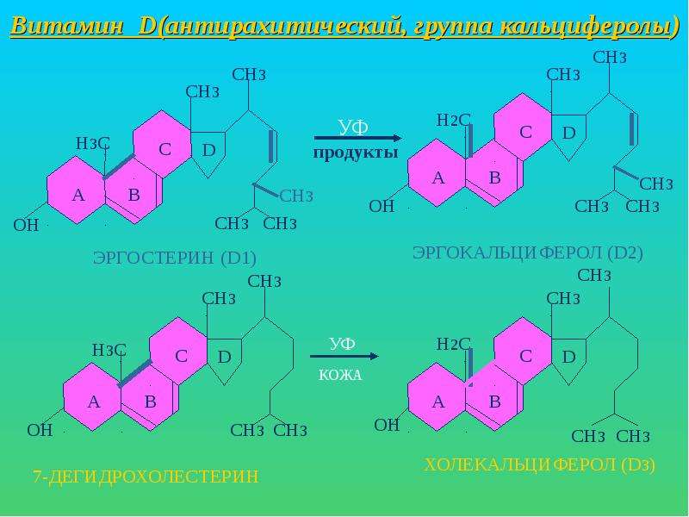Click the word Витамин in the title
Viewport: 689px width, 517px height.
coord(67,26)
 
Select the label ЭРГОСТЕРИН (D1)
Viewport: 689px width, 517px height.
coord(175,258)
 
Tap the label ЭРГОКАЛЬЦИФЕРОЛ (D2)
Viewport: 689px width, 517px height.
coord(528,252)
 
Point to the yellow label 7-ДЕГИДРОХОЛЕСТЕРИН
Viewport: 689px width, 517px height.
coord(146,477)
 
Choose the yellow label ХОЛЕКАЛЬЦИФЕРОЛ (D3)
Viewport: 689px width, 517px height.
coord(540,464)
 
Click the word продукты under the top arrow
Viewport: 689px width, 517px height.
coord(356,153)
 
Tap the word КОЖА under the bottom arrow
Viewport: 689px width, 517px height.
coord(340,375)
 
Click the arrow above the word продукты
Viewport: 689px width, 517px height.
coord(357,138)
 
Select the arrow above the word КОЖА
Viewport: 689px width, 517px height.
coord(344,356)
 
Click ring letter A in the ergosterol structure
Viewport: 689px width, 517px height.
coord(78,195)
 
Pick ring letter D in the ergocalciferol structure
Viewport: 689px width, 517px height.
coord(569,133)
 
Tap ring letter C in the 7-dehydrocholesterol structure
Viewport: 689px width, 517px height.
coord(182,356)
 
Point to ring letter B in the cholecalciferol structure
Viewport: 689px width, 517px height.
coord(494,402)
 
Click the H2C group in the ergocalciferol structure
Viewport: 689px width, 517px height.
coord(454,120)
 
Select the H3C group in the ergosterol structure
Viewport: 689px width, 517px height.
coord(93,143)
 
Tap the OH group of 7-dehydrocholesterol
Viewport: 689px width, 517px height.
coord(40,430)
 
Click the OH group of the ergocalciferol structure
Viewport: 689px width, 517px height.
coord(382,206)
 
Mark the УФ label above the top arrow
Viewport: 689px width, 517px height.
coord(353,128)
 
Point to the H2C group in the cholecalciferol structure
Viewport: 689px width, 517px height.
coord(454,344)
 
